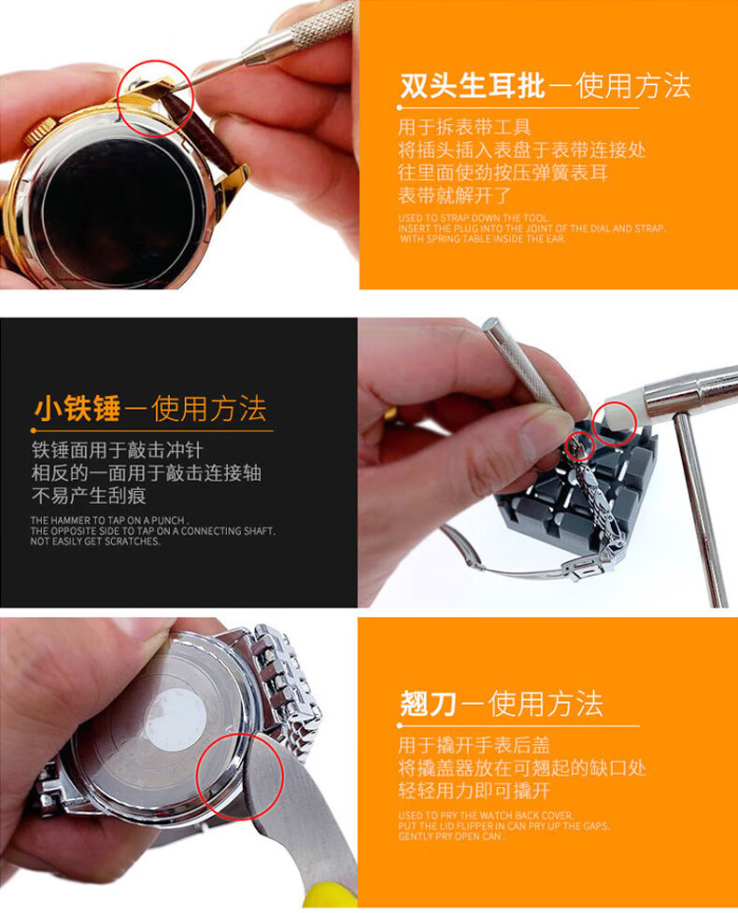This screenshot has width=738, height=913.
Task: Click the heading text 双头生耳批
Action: (472, 86)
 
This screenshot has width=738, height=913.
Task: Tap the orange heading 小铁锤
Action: (78, 408)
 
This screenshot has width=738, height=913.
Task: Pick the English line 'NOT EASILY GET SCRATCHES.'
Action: (95, 541)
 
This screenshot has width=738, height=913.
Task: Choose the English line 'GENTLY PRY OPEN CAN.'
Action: (451, 836)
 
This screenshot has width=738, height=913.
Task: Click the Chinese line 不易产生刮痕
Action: (89, 496)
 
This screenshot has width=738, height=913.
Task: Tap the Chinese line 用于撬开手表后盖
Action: (474, 745)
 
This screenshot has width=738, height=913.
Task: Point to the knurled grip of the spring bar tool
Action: (318, 23)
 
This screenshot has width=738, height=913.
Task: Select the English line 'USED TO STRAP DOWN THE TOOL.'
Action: (474, 218)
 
